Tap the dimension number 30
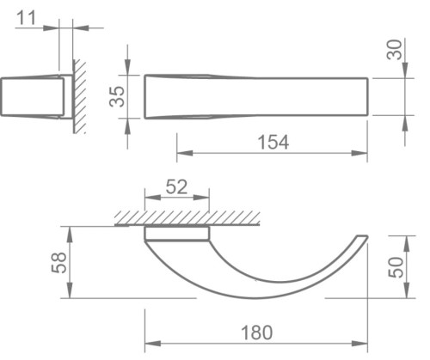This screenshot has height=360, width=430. tap(394, 50)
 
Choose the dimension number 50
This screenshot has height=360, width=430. tap(394, 266)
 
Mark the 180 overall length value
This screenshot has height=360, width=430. tap(255, 330)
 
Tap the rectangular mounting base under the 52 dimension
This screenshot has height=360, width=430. tap(176, 233)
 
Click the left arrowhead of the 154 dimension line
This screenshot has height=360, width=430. tap(181, 156)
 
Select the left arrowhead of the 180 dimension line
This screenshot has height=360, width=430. tap(149, 343)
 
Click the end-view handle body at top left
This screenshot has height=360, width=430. tap(32, 96)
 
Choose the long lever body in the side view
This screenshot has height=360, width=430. tap(258, 96)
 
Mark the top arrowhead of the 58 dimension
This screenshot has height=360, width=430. tap(69, 231)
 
